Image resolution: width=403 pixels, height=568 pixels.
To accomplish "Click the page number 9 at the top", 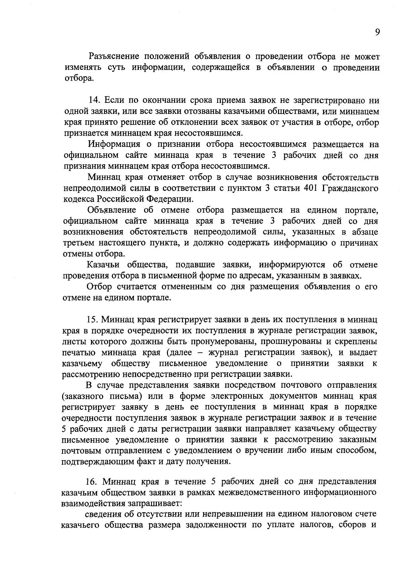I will tap(377, 32).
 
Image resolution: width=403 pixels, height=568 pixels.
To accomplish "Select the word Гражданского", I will tap(350, 188).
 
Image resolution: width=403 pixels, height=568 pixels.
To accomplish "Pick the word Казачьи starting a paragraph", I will tap(103, 265).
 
